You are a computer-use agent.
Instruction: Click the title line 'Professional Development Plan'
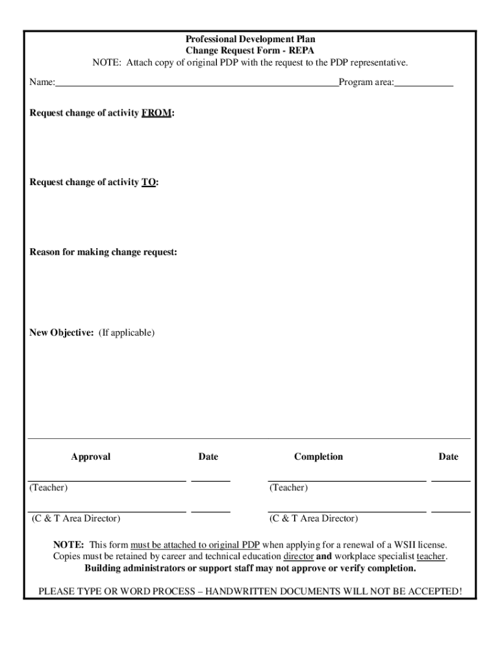point(250,40)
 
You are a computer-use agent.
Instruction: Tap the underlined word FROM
point(156,113)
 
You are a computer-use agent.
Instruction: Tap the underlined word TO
point(149,182)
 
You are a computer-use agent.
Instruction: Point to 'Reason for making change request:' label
point(103,252)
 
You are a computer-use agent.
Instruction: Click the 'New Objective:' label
point(62,332)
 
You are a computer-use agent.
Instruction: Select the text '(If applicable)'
point(127,332)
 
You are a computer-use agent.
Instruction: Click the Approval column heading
point(91,457)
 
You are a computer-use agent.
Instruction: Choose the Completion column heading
point(318,457)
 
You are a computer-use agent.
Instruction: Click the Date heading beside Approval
point(208,457)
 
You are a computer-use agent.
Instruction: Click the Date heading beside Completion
point(448,457)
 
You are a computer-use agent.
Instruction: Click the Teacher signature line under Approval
point(108,480)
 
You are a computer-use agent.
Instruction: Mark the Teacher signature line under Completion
point(347,480)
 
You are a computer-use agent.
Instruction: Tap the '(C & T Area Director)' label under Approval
point(76,518)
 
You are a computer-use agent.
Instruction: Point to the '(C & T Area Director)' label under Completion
point(314,518)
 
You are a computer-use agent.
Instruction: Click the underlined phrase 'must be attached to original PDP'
point(195,545)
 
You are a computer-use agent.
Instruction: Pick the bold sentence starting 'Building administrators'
point(250,568)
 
